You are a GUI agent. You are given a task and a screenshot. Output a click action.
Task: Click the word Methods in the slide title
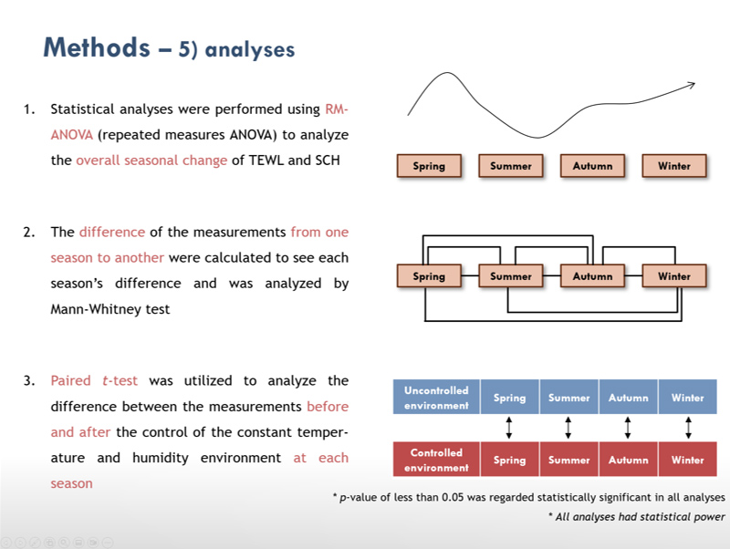(97, 47)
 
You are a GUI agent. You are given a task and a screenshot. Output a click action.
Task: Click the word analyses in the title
(249, 50)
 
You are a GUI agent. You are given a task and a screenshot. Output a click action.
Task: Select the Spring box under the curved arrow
(429, 166)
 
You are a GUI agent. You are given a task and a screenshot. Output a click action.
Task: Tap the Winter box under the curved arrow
(674, 166)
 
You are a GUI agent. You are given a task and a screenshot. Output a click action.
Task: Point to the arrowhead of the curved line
(692, 85)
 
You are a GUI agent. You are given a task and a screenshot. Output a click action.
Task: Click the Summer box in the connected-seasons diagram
(511, 276)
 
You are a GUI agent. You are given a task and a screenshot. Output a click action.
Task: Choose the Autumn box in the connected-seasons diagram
(592, 276)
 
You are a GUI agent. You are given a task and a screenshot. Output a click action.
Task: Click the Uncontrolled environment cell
(436, 397)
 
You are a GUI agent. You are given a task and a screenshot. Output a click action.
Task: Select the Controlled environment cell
(436, 460)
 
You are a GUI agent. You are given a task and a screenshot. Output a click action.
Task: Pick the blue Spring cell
(510, 397)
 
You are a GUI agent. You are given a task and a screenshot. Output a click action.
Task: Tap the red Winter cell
(688, 460)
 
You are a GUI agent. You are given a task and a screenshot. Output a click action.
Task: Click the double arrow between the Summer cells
(568, 428)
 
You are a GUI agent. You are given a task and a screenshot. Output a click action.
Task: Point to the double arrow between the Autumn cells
(628, 428)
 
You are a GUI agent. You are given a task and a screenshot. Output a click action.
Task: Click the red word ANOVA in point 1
(72, 135)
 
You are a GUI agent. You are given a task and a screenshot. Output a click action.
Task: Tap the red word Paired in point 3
(71, 380)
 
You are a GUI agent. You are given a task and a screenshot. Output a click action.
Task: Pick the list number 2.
(29, 232)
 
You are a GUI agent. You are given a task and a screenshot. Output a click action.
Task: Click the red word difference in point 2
(112, 232)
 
